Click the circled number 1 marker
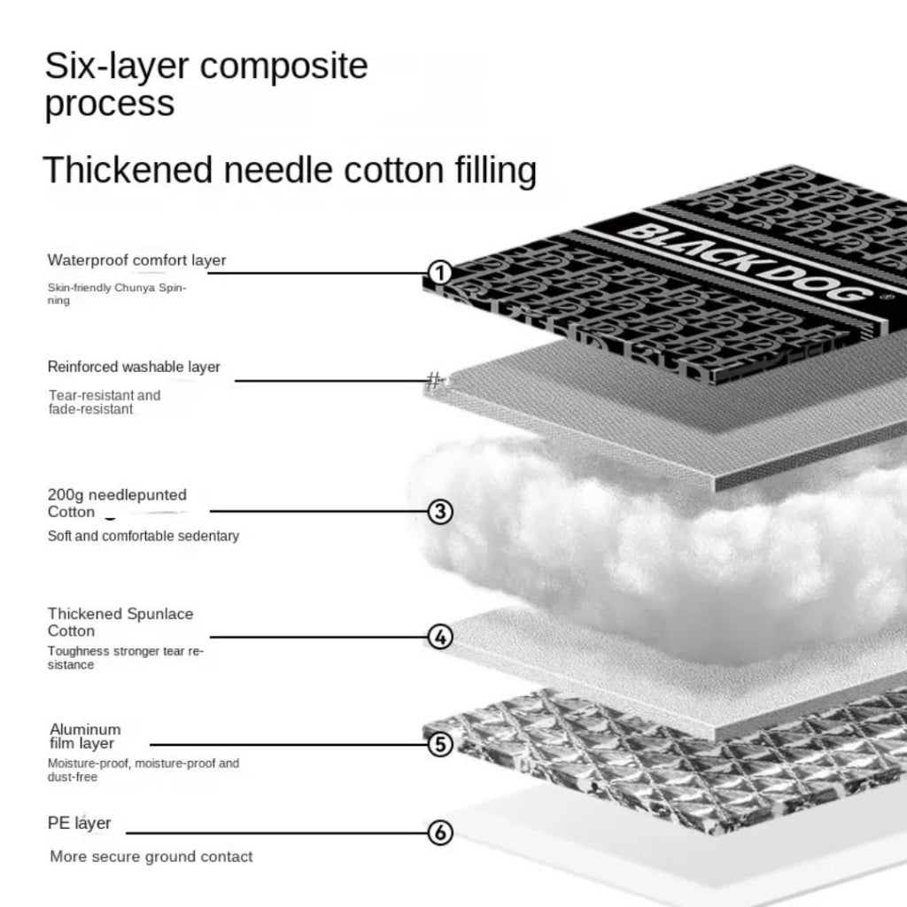(x=440, y=273)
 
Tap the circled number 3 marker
(x=440, y=511)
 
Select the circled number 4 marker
(x=440, y=637)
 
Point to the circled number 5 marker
(x=440, y=745)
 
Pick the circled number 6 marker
(x=440, y=833)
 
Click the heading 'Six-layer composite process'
(x=205, y=85)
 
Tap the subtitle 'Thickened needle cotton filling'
(x=290, y=169)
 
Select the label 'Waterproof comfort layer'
(x=136, y=260)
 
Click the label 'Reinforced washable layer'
(x=134, y=367)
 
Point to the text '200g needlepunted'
(x=117, y=495)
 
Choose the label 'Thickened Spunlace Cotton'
(x=120, y=622)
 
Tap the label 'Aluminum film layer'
(x=84, y=736)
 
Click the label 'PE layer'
(x=80, y=823)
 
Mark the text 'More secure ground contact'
(x=151, y=857)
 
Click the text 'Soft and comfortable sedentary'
(x=143, y=536)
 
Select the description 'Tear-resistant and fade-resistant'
(x=104, y=402)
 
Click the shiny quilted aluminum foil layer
(x=673, y=762)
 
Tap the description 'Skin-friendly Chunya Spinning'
(x=116, y=293)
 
